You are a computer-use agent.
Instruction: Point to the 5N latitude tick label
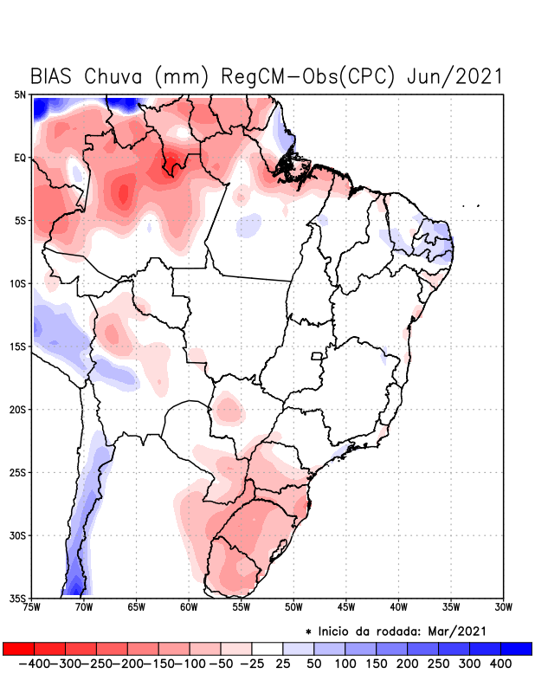[20, 94]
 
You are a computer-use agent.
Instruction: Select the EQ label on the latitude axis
[20, 158]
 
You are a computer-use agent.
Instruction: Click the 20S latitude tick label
[18, 410]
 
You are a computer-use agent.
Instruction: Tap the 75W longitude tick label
[33, 608]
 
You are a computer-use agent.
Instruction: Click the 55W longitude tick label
[242, 608]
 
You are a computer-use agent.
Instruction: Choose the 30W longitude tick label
[504, 608]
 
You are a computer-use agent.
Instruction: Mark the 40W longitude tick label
[399, 608]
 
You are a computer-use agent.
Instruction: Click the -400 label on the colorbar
[33, 664]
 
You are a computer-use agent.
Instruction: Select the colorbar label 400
[500, 664]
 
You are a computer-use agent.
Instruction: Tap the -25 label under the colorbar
[252, 664]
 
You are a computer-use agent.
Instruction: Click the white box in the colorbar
[267, 649]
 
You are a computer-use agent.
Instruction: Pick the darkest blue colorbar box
[516, 649]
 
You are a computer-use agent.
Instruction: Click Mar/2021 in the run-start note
[458, 630]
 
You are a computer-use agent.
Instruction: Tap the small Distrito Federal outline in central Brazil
[317, 356]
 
